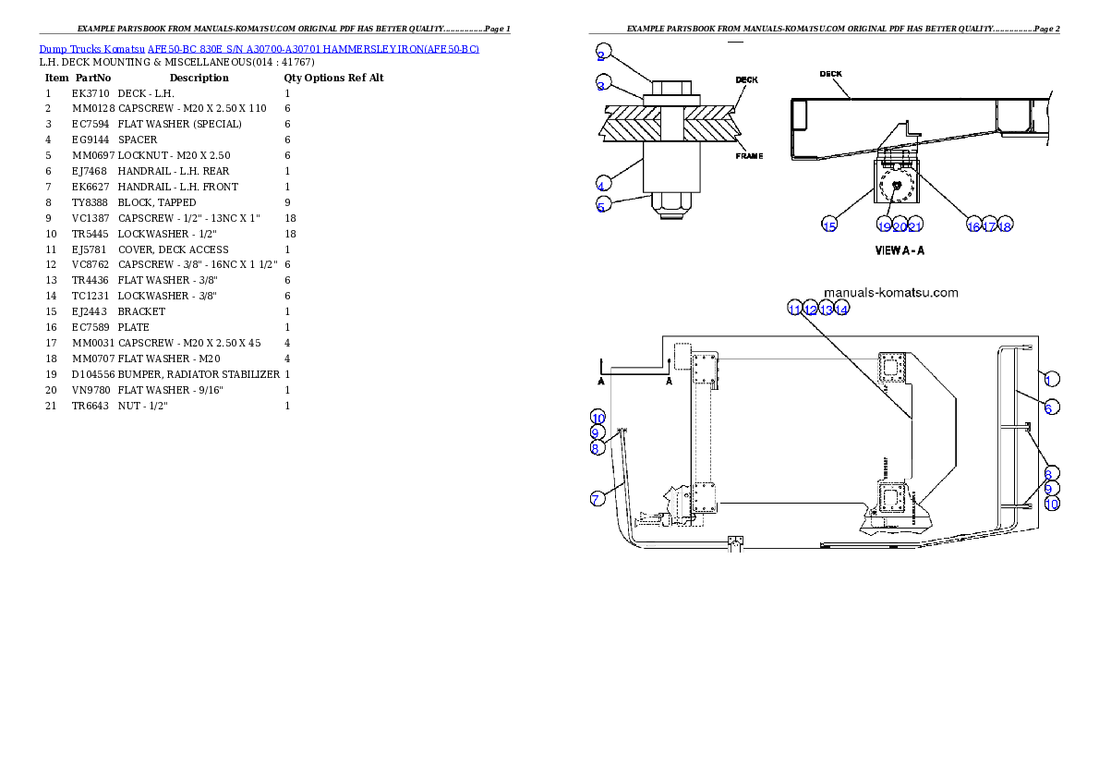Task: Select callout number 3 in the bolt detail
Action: (601, 85)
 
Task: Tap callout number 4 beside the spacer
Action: (601, 183)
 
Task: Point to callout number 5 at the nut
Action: (601, 206)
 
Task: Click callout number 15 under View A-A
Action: (829, 225)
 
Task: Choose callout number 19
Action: (884, 225)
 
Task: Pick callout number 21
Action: (915, 225)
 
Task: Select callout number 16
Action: (973, 225)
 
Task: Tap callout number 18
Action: (1005, 225)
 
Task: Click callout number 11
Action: (794, 309)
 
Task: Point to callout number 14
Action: (841, 309)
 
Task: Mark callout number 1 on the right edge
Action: (1051, 378)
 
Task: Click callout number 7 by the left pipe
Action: (598, 499)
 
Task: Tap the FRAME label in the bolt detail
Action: (749, 156)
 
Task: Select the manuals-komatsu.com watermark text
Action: (890, 293)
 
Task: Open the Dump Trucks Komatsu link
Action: (259, 49)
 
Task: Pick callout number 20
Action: (900, 225)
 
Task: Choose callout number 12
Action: (810, 309)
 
